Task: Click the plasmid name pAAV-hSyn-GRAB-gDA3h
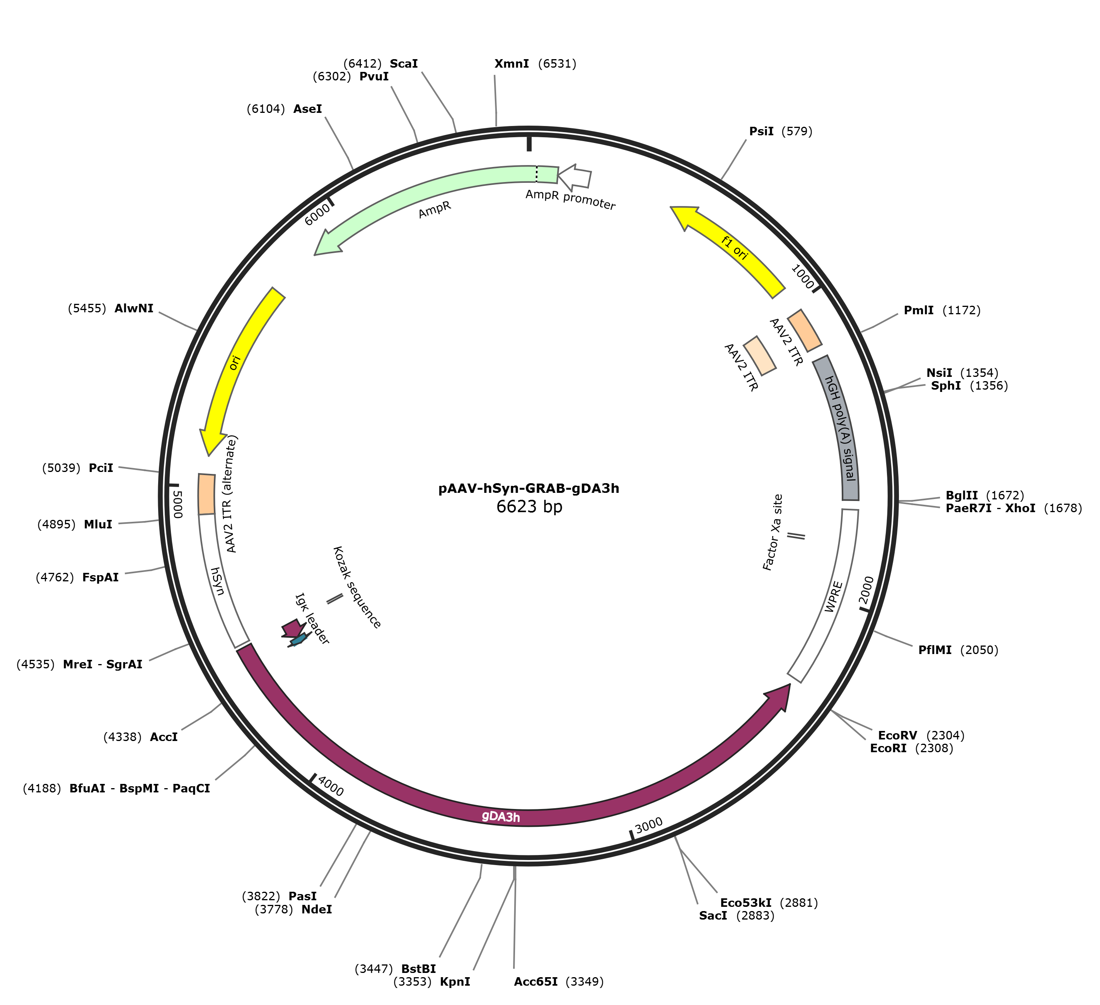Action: (x=529, y=488)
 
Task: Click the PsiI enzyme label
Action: (x=761, y=131)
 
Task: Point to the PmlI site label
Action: (x=918, y=310)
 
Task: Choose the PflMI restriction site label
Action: (x=935, y=650)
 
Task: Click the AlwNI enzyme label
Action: (x=134, y=309)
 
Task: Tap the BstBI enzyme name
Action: (x=418, y=969)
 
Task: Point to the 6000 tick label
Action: (x=317, y=215)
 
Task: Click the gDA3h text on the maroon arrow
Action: (x=501, y=817)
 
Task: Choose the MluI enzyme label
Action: (x=98, y=524)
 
